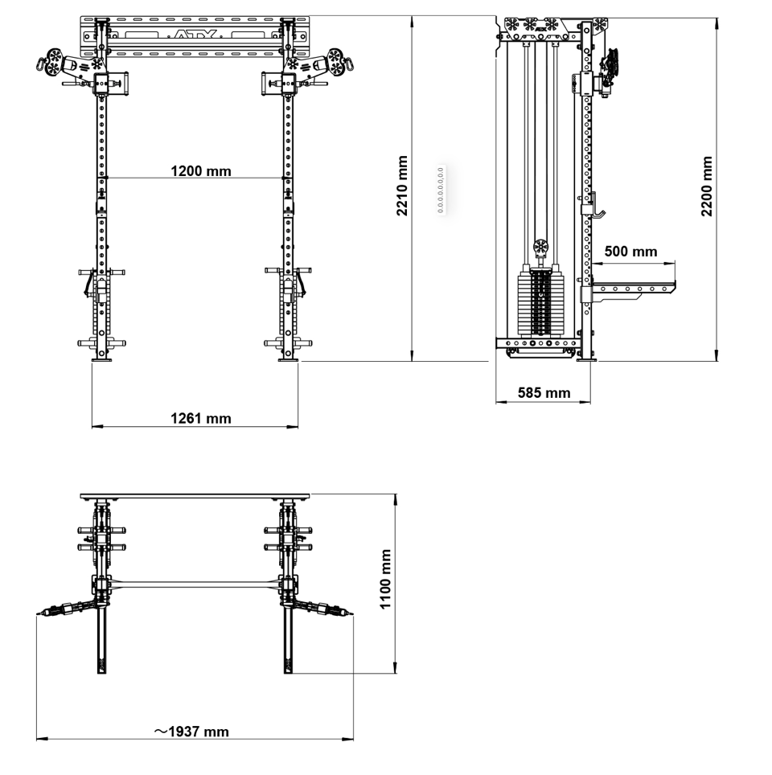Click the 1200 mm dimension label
pos(200,170)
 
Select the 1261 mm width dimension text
pos(200,418)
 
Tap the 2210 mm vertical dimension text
pos(402,187)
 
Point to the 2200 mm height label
pos(706,187)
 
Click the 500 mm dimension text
pos(630,252)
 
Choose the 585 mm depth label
pos(544,393)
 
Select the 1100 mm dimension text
pos(386,579)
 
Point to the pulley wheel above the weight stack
pos(540,246)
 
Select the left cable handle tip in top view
pos(40,614)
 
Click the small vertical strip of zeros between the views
pos(441,189)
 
